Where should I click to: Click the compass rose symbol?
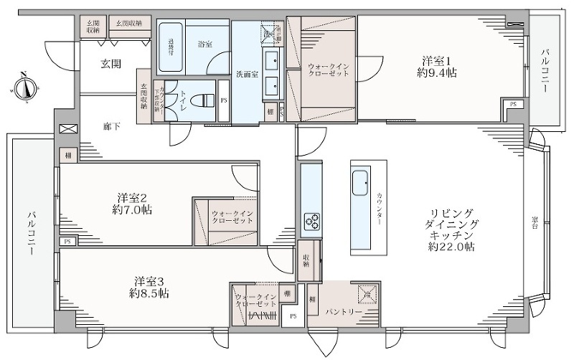pyautogui.click(x=24, y=87)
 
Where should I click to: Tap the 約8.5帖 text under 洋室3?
pyautogui.click(x=149, y=293)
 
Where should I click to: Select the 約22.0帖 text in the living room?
pyautogui.click(x=451, y=247)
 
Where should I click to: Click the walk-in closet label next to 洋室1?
pyautogui.click(x=328, y=70)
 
